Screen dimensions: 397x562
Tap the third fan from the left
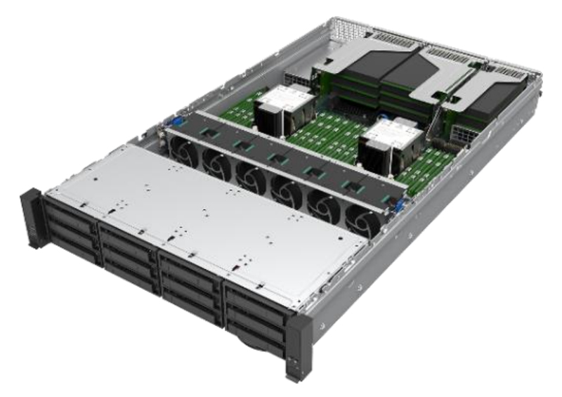point(249,175)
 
